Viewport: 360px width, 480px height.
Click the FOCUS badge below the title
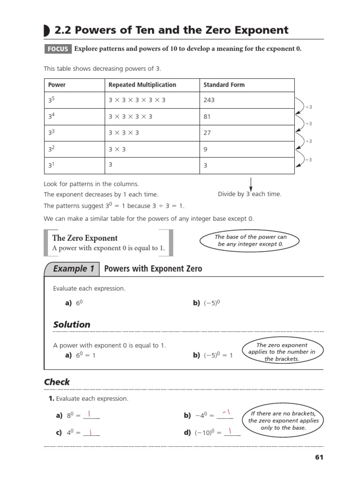(57, 49)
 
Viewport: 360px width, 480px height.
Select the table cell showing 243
(210, 100)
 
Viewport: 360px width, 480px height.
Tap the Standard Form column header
(224, 85)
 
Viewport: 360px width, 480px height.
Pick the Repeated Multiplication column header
(142, 85)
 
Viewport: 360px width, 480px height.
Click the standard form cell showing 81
(207, 117)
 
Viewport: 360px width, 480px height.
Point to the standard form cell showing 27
(207, 133)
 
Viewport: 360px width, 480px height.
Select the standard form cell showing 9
(205, 150)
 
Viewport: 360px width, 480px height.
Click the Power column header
(57, 85)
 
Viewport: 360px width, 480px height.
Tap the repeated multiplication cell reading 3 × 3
(118, 150)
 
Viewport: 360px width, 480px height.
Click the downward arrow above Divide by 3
(251, 183)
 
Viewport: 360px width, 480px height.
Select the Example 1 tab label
(74, 269)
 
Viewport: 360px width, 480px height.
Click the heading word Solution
(71, 324)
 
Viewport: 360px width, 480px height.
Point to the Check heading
(57, 382)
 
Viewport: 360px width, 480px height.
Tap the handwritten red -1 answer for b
(227, 412)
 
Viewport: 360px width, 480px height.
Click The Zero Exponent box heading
(85, 238)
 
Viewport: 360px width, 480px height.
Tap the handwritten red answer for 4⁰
(90, 432)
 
